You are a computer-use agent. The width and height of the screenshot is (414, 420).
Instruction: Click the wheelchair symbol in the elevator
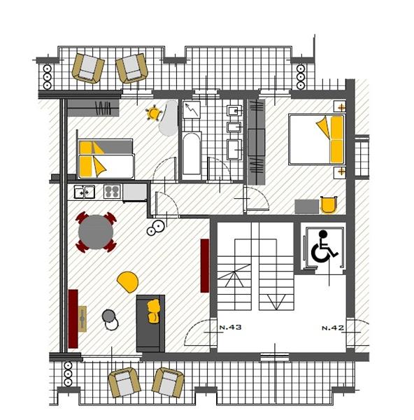pos(323,246)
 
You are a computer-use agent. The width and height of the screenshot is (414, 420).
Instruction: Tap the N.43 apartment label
pos(230,327)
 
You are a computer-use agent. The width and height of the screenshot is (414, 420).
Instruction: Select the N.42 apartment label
pos(333,328)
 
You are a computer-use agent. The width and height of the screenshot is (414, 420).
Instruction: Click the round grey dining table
pos(96,232)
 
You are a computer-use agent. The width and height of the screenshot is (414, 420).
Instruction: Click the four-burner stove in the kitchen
pos(112,192)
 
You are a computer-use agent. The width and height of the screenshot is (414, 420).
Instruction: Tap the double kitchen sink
pos(85,192)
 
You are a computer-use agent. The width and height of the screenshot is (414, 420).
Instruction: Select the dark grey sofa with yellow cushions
pos(150,323)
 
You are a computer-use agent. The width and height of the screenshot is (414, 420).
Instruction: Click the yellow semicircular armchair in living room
pos(128,282)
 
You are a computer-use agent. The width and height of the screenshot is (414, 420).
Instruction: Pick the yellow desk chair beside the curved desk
pos(154,113)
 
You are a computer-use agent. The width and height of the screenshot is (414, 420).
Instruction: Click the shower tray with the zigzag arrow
pos(192,110)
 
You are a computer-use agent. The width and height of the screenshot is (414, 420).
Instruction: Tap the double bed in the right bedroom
pos(317,139)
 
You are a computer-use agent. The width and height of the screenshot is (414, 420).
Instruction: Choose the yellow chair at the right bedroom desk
pos(329,205)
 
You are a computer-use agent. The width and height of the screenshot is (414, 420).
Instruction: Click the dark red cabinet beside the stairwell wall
pos(205,265)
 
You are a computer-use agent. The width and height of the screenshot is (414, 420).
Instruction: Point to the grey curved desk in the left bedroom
pos(169,118)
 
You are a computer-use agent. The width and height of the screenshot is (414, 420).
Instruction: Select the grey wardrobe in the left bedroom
pos(93,108)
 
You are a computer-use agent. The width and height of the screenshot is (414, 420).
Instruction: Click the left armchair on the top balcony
pos(88,68)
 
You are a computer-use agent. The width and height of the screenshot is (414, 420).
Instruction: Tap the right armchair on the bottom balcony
pos(168,382)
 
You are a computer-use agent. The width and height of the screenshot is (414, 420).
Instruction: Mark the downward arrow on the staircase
pos(276,302)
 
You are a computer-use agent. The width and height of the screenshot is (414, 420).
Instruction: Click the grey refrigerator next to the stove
pos(134,192)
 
